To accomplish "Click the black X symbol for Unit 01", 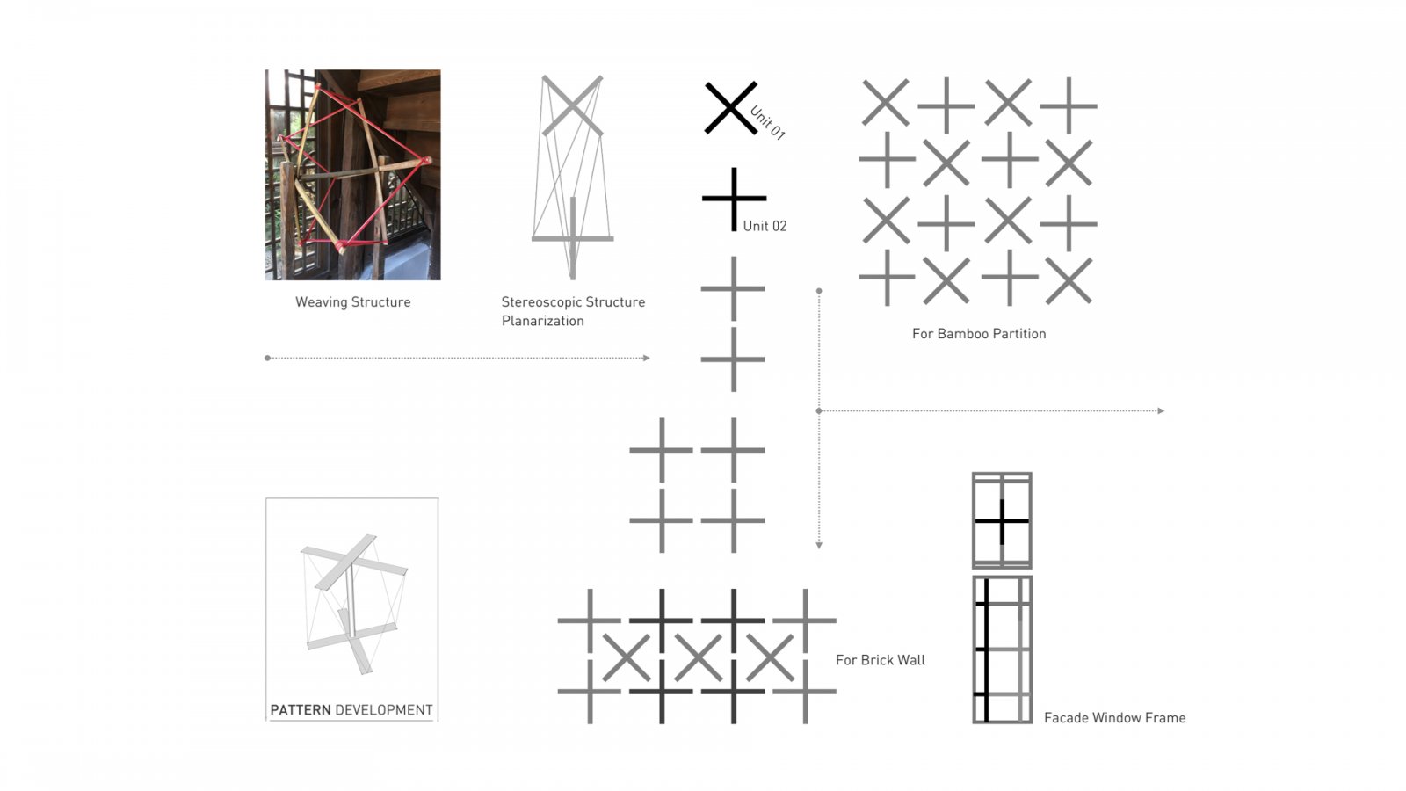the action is tap(730, 108).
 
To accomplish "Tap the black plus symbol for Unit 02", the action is tap(734, 199).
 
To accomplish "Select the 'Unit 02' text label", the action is tap(765, 226).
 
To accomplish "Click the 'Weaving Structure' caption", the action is tap(352, 302).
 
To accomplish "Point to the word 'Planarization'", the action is tap(542, 321).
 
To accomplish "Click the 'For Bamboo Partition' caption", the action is tap(979, 333).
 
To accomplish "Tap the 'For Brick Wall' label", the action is tap(880, 660).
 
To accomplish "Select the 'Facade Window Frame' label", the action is tap(1114, 717).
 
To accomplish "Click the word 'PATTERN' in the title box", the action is tap(300, 710).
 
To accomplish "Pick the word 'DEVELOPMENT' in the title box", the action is tap(383, 710).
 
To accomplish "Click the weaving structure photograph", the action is tap(352, 175).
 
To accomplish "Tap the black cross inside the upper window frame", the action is tap(1002, 521).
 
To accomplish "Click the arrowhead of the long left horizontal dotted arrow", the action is tap(647, 358).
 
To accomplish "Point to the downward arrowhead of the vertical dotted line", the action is tap(818, 546).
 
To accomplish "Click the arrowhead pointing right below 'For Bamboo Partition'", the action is tap(1161, 410).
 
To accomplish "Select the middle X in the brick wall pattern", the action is tap(698, 658).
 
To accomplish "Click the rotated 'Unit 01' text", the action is tap(767, 122).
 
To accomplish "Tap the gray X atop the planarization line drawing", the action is tap(572, 105).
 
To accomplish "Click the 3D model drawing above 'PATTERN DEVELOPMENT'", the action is tap(354, 604).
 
